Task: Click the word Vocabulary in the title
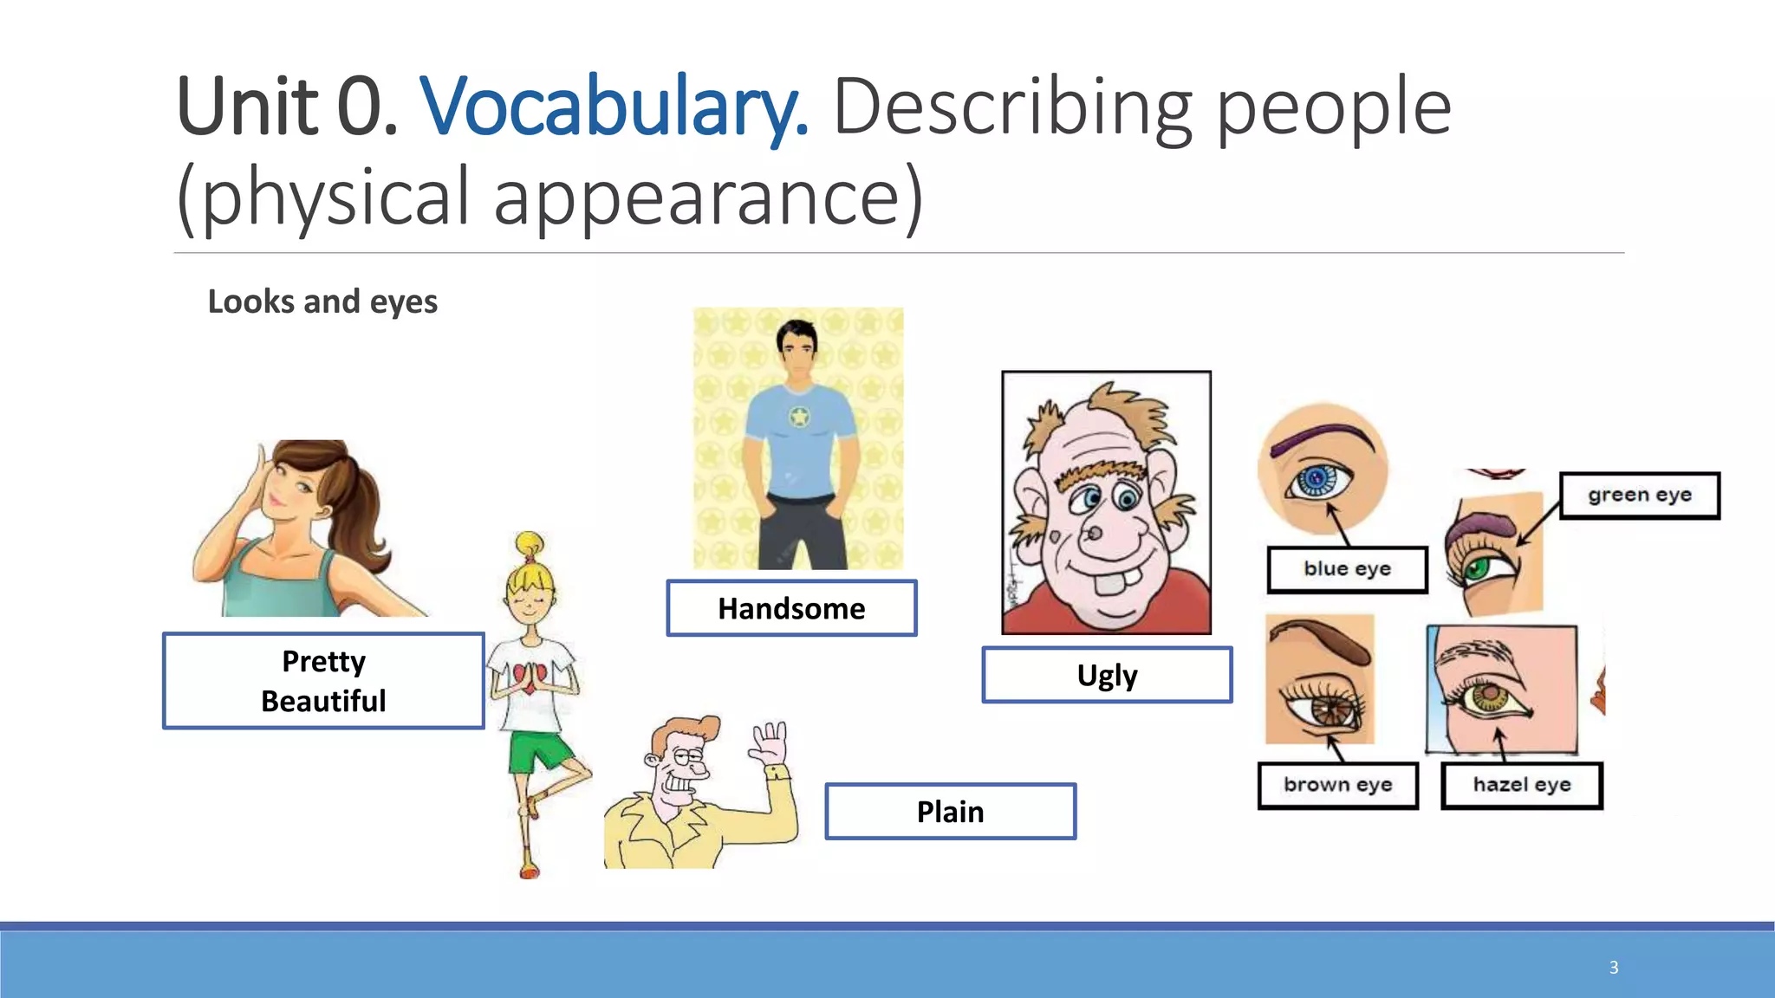click(614, 108)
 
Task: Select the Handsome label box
click(791, 608)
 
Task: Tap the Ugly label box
click(1107, 675)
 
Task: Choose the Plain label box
click(950, 812)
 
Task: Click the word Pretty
click(323, 661)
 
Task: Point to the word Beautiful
click(323, 701)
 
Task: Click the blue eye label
click(1347, 569)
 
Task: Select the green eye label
click(1639, 496)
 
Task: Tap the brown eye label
click(1337, 785)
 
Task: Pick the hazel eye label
click(1522, 785)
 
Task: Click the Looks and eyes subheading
click(322, 301)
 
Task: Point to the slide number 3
click(1614, 967)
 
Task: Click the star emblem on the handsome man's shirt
click(799, 418)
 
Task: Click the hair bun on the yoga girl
click(529, 544)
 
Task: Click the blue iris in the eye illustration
click(1317, 478)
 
